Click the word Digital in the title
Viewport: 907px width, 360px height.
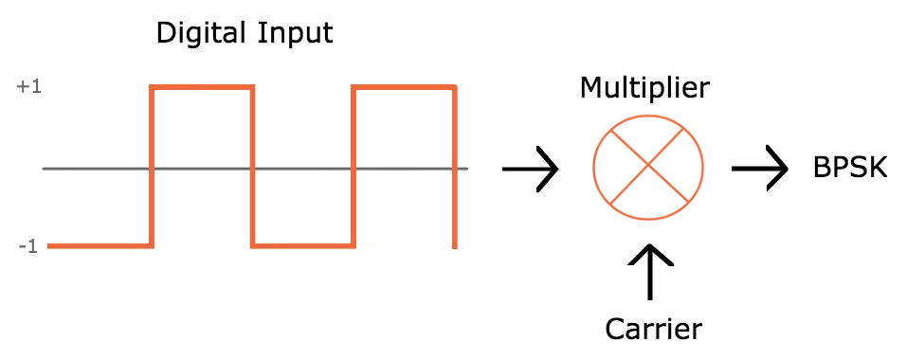click(x=198, y=34)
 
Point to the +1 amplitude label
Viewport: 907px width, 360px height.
click(x=28, y=87)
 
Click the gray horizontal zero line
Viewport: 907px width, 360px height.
click(x=95, y=169)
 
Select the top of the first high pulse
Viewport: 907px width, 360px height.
click(x=202, y=88)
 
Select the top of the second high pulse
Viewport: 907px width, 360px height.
click(x=404, y=88)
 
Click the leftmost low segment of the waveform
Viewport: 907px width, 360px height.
click(x=100, y=246)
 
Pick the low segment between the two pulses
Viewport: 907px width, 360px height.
click(x=302, y=246)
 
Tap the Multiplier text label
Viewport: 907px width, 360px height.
click(x=644, y=90)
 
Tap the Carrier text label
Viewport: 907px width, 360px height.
click(x=654, y=329)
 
